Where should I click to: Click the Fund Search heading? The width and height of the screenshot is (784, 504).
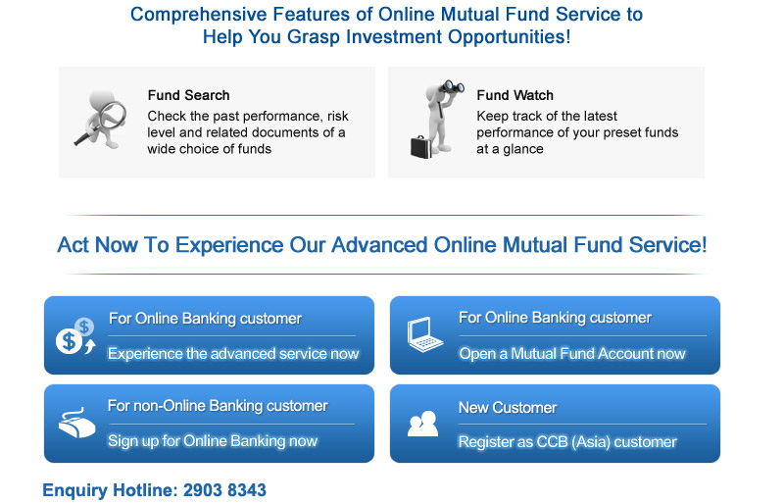[x=188, y=95]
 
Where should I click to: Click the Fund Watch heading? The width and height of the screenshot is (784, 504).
[x=515, y=95]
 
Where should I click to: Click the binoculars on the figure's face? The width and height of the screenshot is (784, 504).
[x=452, y=87]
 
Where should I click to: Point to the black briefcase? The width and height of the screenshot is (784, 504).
[x=420, y=147]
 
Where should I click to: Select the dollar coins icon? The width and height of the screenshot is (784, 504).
[x=76, y=335]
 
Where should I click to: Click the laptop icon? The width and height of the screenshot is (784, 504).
[x=424, y=334]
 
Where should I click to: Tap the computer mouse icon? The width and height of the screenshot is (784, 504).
[x=76, y=424]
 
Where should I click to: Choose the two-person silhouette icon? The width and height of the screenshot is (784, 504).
[x=423, y=424]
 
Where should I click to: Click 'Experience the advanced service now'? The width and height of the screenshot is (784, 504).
[x=233, y=354]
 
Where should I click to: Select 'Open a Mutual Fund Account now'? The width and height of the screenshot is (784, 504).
[x=572, y=354]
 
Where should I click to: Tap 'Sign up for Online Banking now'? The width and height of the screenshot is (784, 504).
[x=213, y=441]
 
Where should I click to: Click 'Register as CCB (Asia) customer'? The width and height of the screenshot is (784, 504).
[x=567, y=442]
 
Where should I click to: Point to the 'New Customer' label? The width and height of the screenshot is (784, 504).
[x=508, y=408]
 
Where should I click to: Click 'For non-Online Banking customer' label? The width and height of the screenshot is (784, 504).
[x=218, y=406]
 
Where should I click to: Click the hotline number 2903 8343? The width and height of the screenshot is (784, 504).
[x=224, y=490]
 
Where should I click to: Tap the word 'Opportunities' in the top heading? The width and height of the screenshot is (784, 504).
[x=509, y=37]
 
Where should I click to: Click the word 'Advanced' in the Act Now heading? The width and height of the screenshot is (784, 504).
[x=379, y=245]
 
